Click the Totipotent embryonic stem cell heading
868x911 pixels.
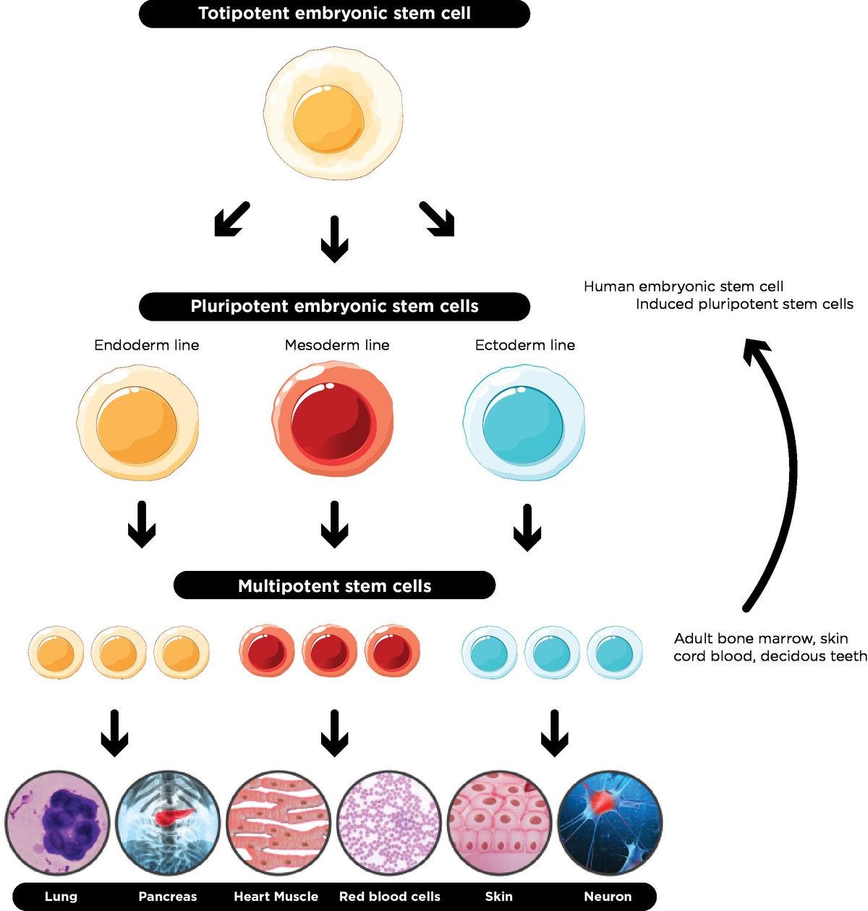(x=334, y=14)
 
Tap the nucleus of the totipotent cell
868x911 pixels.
(x=328, y=119)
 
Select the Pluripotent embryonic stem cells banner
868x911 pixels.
(x=334, y=306)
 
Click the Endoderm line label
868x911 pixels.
(x=146, y=345)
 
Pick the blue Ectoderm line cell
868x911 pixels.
(x=524, y=423)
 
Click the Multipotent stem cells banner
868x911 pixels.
(x=334, y=585)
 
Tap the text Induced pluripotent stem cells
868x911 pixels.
(x=744, y=304)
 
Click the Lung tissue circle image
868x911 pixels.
(x=58, y=823)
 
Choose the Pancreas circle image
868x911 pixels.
(x=168, y=823)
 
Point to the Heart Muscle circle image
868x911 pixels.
(x=278, y=823)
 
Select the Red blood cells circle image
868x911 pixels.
(x=389, y=823)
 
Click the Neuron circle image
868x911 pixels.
(x=610, y=823)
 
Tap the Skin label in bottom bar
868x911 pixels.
(x=498, y=897)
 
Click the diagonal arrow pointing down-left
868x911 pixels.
(x=231, y=219)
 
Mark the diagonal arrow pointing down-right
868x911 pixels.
(x=437, y=219)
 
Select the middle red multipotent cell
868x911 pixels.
(x=329, y=652)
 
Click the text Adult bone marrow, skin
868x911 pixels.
(x=761, y=638)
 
